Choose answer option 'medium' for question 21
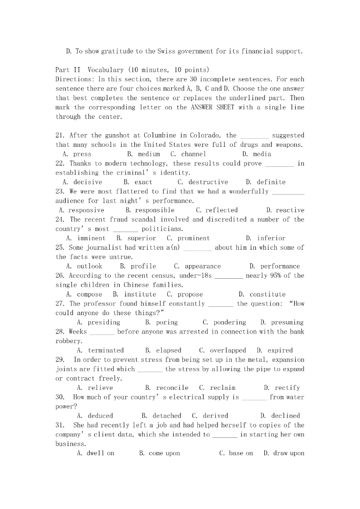(x=149, y=154)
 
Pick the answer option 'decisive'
(x=88, y=182)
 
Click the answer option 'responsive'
(x=86, y=210)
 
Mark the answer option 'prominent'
(x=194, y=238)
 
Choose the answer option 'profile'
(x=143, y=267)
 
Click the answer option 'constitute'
(x=268, y=295)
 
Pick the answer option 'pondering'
(x=229, y=323)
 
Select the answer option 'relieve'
(x=100, y=388)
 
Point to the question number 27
(x=61, y=304)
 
